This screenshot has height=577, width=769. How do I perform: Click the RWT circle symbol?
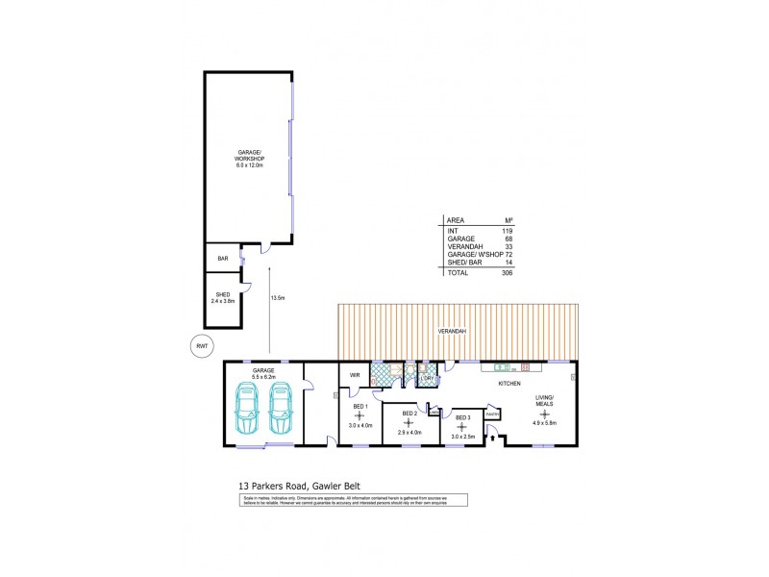[202, 345]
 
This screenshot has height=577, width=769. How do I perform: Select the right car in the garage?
[281, 408]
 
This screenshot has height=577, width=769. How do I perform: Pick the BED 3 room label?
[462, 417]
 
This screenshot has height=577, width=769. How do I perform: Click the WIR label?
[354, 374]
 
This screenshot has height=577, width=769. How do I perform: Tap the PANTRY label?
[492, 414]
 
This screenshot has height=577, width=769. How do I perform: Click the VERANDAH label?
[453, 331]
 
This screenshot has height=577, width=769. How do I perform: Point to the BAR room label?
[222, 258]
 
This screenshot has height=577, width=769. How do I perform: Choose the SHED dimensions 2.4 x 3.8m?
[223, 301]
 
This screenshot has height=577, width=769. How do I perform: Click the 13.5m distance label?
[279, 298]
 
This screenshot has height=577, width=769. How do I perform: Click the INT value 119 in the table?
[508, 231]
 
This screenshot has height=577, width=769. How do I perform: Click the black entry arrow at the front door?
[493, 438]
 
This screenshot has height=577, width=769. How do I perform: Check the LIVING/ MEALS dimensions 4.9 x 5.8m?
[543, 423]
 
